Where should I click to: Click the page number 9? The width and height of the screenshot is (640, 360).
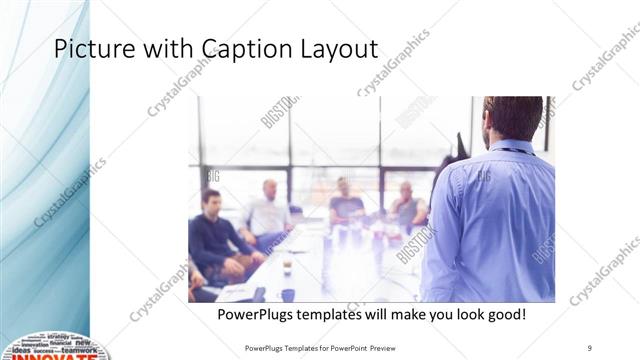tap(590, 348)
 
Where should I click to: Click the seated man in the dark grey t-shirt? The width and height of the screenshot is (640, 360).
tap(346, 205)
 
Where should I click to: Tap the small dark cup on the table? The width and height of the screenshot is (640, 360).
tap(287, 267)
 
